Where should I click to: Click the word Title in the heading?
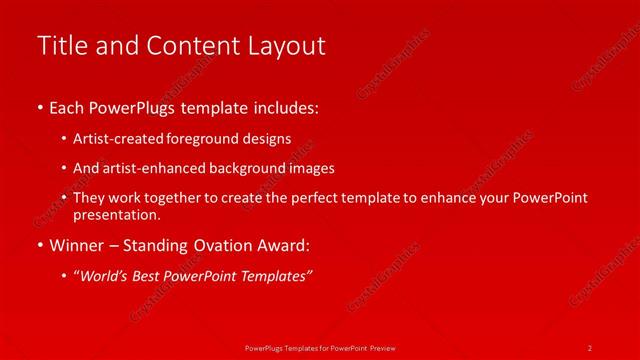[x=59, y=46]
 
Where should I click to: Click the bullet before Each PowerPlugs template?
[x=40, y=105]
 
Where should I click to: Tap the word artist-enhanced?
[x=145, y=168]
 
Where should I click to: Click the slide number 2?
[x=590, y=347]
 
